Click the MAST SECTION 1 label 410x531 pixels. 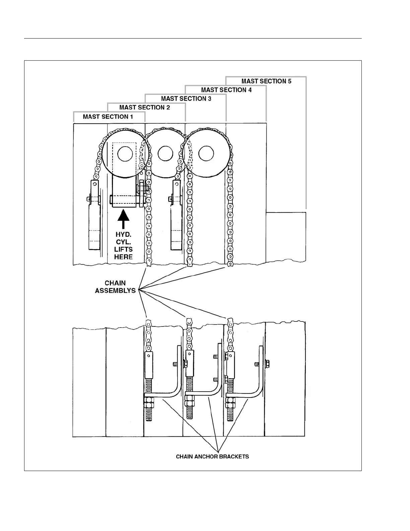click(x=108, y=117)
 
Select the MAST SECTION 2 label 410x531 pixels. click(x=145, y=107)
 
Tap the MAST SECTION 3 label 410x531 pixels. click(x=186, y=99)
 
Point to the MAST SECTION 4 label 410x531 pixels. click(x=226, y=90)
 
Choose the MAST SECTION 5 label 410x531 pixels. click(x=267, y=81)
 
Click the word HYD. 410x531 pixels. click(x=123, y=235)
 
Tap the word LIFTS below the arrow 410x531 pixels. click(x=123, y=249)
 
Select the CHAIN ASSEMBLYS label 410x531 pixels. click(x=115, y=287)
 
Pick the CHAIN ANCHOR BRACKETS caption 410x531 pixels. click(x=212, y=457)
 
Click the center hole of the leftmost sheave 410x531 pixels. click(x=124, y=154)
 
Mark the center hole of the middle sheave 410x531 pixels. click(x=165, y=154)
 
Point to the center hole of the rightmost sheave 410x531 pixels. click(x=206, y=154)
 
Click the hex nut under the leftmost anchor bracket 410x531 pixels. click(x=149, y=401)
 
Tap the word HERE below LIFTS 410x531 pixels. click(x=123, y=257)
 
